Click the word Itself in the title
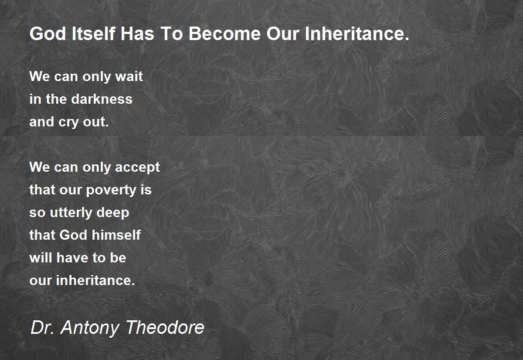coord(93,34)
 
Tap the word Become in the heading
coord(224,34)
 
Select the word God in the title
coord(48,34)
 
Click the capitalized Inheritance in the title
coord(357,34)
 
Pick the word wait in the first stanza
coord(129,76)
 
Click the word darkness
coord(102,99)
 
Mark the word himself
coord(116,235)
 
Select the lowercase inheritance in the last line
coord(95,280)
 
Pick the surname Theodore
coord(165,327)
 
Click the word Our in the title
coord(283,34)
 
